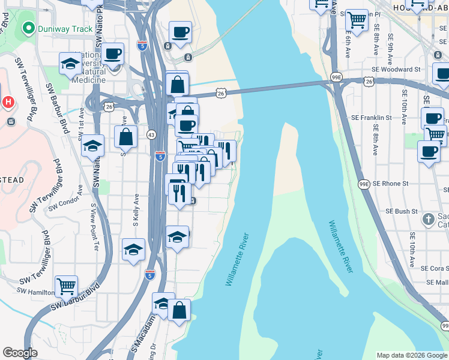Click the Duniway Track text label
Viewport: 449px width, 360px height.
pos(65,29)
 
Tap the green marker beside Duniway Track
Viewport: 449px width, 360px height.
pos(28,28)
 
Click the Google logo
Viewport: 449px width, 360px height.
pos(20,353)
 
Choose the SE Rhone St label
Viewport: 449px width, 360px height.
pos(390,184)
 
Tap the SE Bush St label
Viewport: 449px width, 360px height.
pos(401,211)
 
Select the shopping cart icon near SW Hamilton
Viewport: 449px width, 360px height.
pos(66,286)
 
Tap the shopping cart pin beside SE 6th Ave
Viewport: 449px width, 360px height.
pos(357,21)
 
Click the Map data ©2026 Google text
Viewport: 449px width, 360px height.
pos(412,355)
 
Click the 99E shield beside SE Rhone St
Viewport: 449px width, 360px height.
pos(364,184)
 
